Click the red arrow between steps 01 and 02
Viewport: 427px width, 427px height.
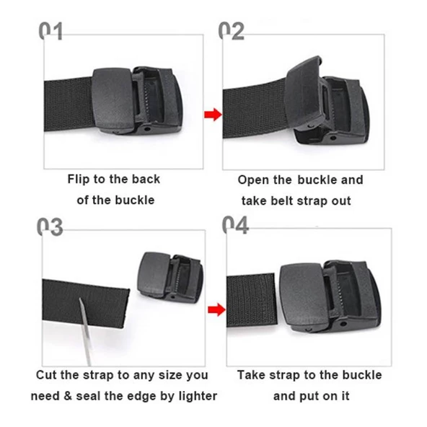[x=211, y=114]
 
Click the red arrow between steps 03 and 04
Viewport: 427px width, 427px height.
[x=212, y=310]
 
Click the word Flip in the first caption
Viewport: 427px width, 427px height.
[x=80, y=179]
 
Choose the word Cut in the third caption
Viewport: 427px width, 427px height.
[x=48, y=375]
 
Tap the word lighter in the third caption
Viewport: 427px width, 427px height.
[x=195, y=396]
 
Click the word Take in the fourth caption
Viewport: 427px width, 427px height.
[x=252, y=375]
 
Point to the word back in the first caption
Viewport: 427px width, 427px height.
[x=146, y=179]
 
